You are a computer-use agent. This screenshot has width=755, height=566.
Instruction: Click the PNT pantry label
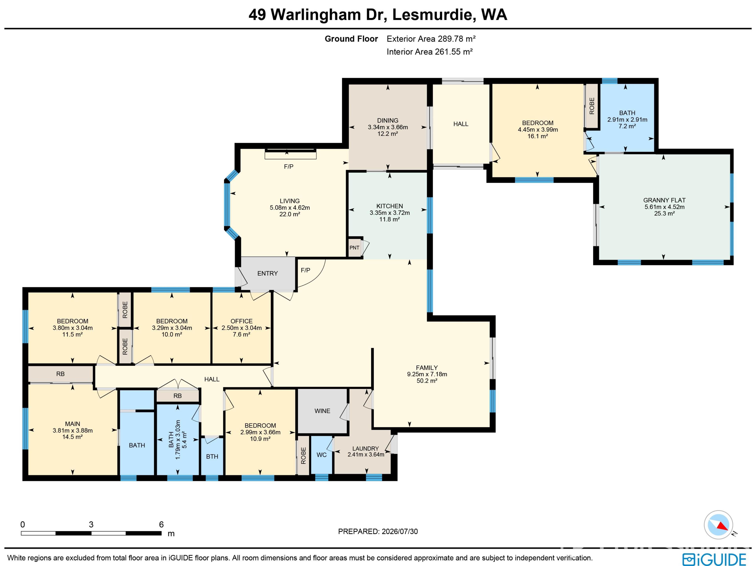[x=354, y=248]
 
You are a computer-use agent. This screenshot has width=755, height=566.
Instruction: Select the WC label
[x=321, y=455]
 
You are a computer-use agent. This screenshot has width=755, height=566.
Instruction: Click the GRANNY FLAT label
[x=664, y=200]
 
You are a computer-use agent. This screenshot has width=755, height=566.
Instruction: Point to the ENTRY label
[x=268, y=273]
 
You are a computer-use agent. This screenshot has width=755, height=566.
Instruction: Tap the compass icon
[x=718, y=525]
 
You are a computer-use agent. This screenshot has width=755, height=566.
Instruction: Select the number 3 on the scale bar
[x=91, y=524]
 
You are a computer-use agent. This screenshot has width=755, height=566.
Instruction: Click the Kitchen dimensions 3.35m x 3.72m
[x=389, y=213]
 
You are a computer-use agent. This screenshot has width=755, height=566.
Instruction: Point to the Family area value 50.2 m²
[x=427, y=381]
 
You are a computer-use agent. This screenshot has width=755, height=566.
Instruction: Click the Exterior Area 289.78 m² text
[x=431, y=39]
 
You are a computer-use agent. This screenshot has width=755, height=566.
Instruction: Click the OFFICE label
[x=242, y=321]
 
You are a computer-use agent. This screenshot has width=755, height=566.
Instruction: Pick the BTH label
[x=212, y=457]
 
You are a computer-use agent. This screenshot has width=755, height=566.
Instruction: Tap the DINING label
[x=388, y=120]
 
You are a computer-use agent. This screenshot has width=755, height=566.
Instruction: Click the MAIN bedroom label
[x=73, y=424]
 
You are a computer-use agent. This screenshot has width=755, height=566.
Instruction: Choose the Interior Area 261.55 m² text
[x=430, y=52]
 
